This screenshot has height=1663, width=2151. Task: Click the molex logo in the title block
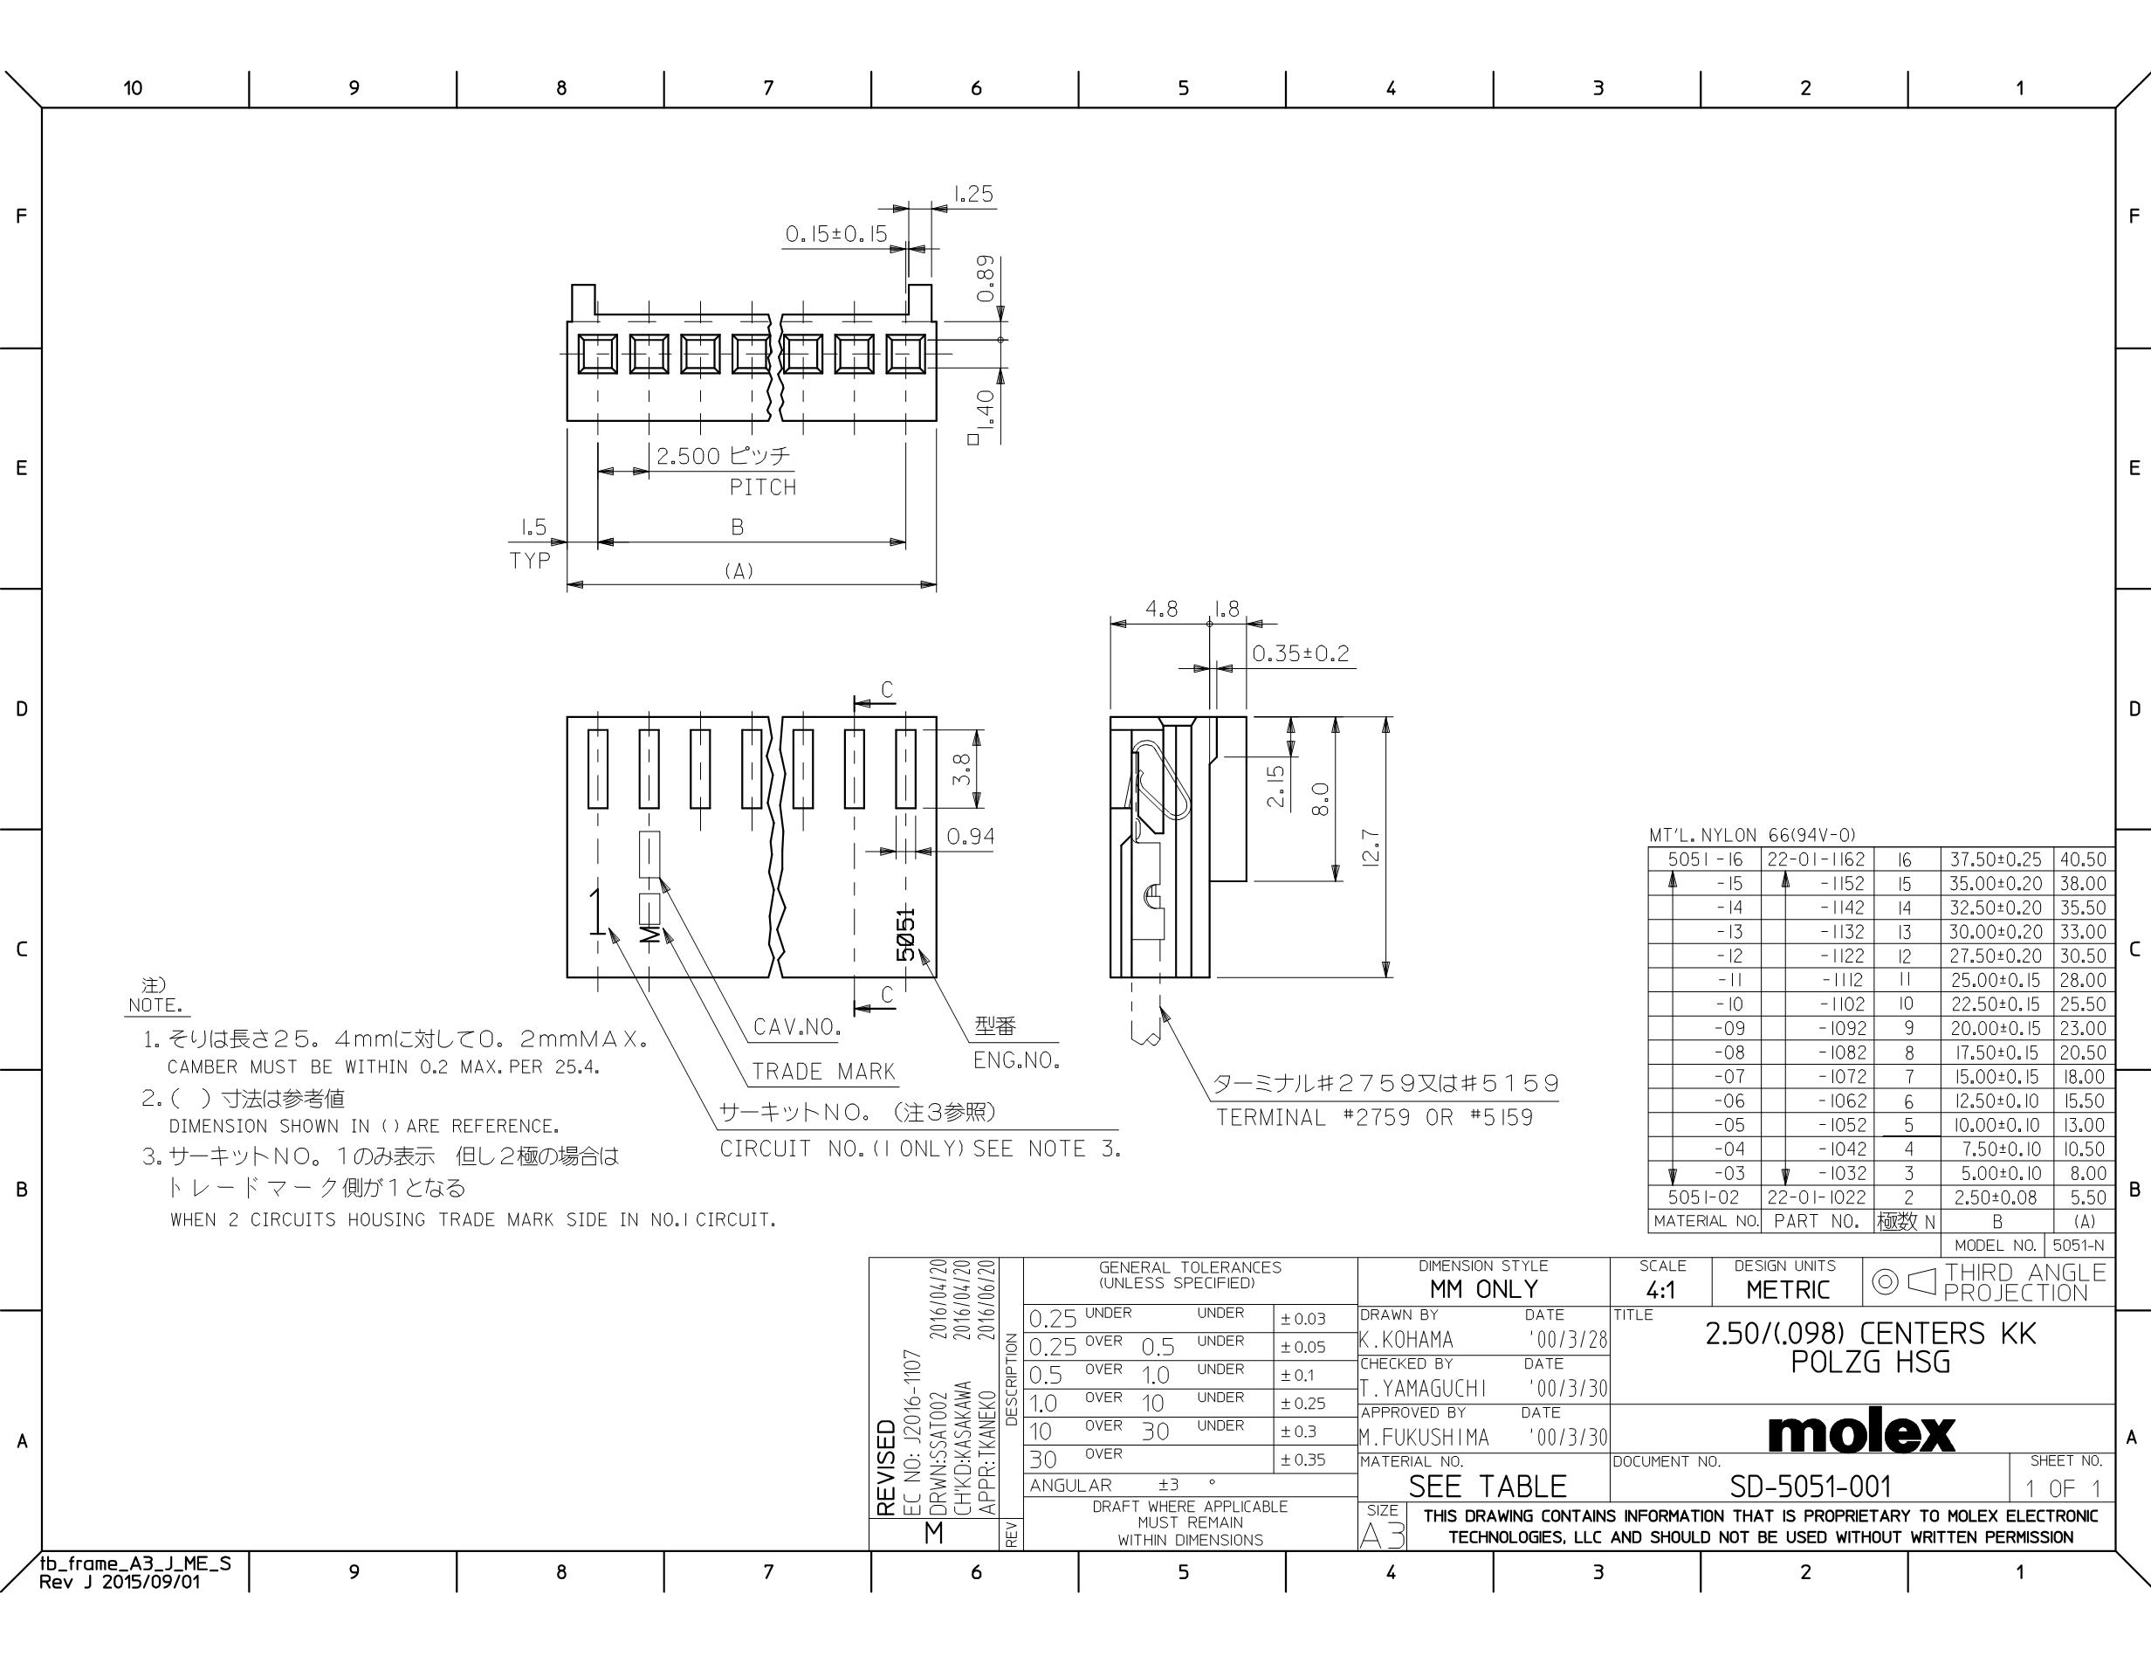tap(1860, 1433)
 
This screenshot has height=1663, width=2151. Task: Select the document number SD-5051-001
tap(1811, 1487)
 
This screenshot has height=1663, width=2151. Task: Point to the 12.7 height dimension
tap(1370, 847)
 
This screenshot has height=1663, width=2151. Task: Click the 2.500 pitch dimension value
tap(689, 456)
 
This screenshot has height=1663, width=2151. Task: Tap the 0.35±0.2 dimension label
tap(1300, 653)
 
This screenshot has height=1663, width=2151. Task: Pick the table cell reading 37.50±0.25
tap(1996, 859)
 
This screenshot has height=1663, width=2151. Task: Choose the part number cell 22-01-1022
tap(1816, 1197)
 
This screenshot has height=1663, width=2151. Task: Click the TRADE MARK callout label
tap(823, 1072)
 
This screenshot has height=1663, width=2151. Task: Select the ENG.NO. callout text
tap(1016, 1061)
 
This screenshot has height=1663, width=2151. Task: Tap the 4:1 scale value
tap(1660, 1290)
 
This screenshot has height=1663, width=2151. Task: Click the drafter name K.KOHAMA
tap(1406, 1340)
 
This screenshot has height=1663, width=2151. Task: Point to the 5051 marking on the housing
tap(906, 934)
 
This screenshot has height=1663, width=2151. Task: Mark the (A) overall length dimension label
tap(739, 570)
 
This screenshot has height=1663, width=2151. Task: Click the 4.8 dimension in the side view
tap(1161, 609)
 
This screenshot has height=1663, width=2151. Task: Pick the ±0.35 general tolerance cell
tap(1303, 1460)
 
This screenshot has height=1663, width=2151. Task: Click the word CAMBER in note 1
tap(203, 1067)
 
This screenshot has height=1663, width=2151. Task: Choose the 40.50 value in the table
tap(2082, 859)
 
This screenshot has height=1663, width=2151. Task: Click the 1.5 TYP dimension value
tap(533, 528)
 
